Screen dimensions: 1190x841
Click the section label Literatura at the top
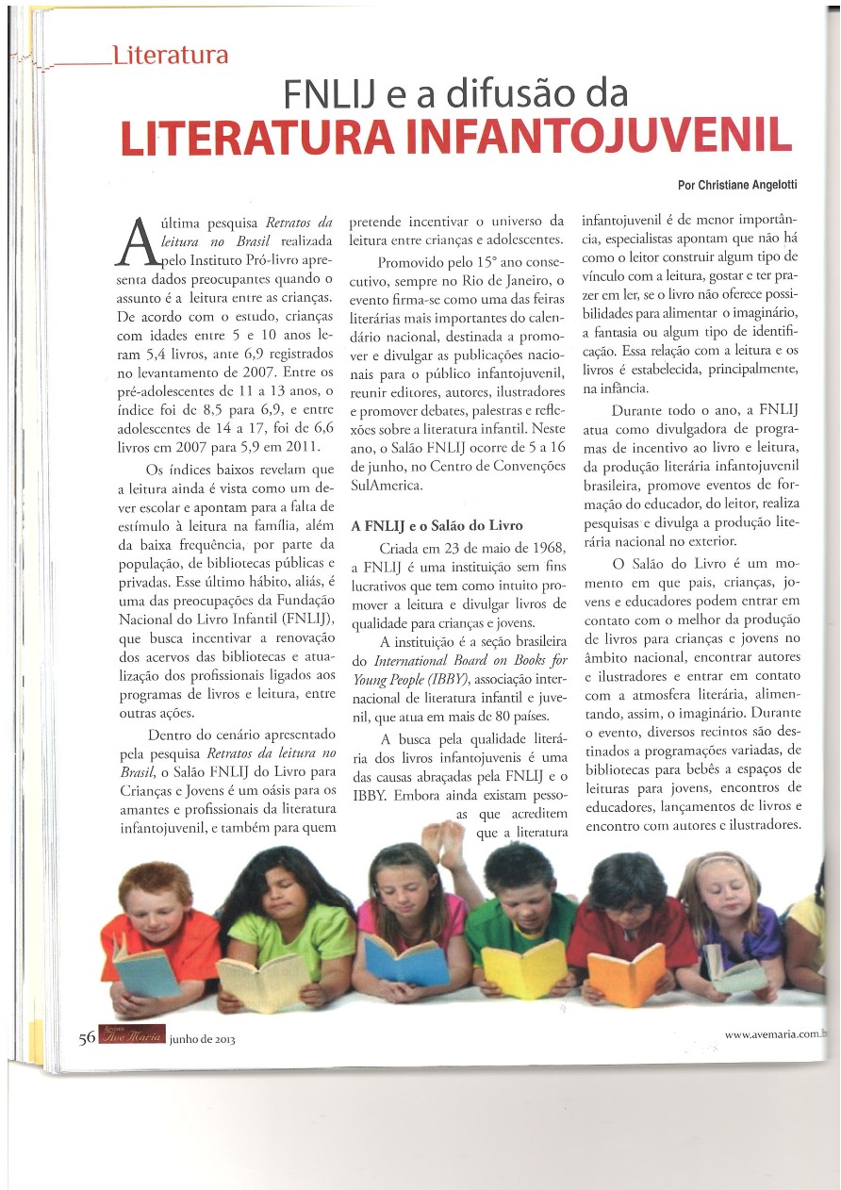tap(170, 55)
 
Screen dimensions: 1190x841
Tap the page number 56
tap(87, 1037)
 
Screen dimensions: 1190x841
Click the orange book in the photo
tap(625, 973)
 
